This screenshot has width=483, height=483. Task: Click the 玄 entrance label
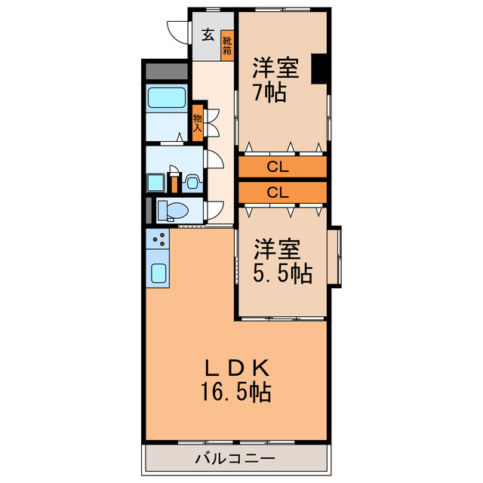coord(207,34)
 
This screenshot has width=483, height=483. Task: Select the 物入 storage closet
coord(198,122)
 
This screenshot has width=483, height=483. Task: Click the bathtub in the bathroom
coord(166,98)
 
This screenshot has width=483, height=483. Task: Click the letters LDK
coord(236,369)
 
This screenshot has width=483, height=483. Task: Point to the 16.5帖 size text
coord(235,392)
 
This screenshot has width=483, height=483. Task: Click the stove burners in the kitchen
coord(158,241)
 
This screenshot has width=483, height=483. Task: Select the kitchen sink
coord(158,272)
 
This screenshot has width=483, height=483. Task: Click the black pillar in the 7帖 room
coord(319,69)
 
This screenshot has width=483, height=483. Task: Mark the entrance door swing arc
coord(177,34)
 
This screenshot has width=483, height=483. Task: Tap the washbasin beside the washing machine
coord(192,182)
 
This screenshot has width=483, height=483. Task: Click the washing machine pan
coord(157,182)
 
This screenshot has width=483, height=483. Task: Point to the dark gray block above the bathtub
coord(166,72)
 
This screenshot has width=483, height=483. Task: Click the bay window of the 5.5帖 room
coord(336,257)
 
